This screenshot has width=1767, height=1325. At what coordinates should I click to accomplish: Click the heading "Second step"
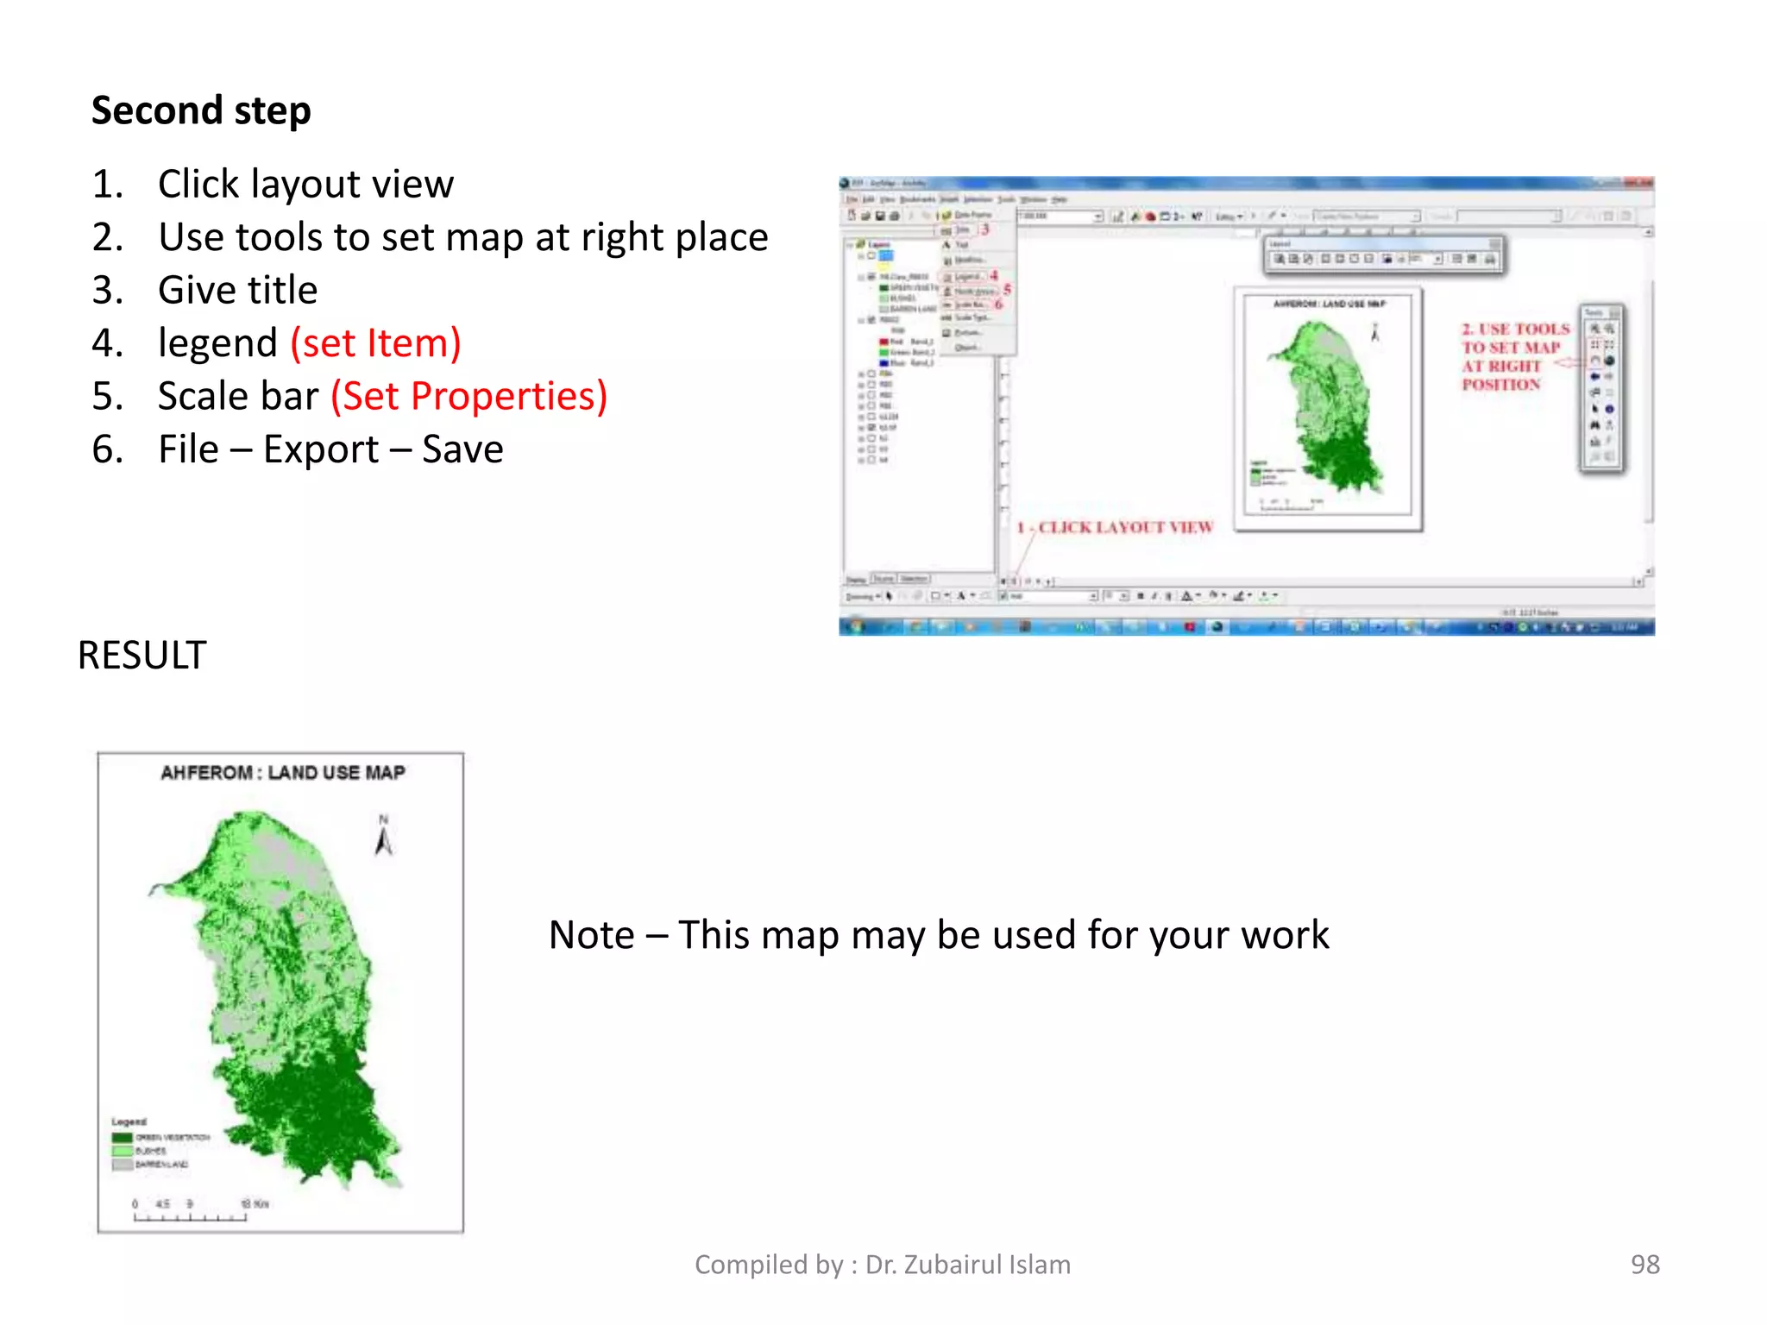click(201, 111)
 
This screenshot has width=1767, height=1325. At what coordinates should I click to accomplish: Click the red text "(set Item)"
click(375, 343)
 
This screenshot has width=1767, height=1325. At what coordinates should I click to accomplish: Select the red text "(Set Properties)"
click(469, 397)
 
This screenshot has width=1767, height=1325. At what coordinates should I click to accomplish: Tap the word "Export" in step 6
click(321, 449)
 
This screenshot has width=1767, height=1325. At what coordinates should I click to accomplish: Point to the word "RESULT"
click(142, 656)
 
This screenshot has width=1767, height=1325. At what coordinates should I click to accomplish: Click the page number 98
click(1644, 1265)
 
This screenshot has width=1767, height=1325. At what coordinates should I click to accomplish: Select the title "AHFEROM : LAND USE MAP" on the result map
click(282, 773)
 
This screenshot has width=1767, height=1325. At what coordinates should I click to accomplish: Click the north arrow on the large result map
click(384, 837)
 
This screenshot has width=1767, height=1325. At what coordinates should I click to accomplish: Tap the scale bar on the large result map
click(190, 1216)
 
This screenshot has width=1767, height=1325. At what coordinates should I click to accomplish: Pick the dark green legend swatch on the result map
click(122, 1138)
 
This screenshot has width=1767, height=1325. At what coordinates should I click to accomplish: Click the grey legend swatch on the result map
click(122, 1165)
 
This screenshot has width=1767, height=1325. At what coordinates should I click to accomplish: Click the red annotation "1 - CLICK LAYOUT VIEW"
click(1115, 527)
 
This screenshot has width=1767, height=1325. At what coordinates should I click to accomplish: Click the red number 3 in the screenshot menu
click(984, 229)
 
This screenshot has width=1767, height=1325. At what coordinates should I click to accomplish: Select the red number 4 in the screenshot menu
click(994, 275)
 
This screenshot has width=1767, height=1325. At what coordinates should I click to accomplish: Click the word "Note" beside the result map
click(591, 936)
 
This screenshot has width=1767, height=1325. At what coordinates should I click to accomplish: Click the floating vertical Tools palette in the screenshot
click(1601, 388)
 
